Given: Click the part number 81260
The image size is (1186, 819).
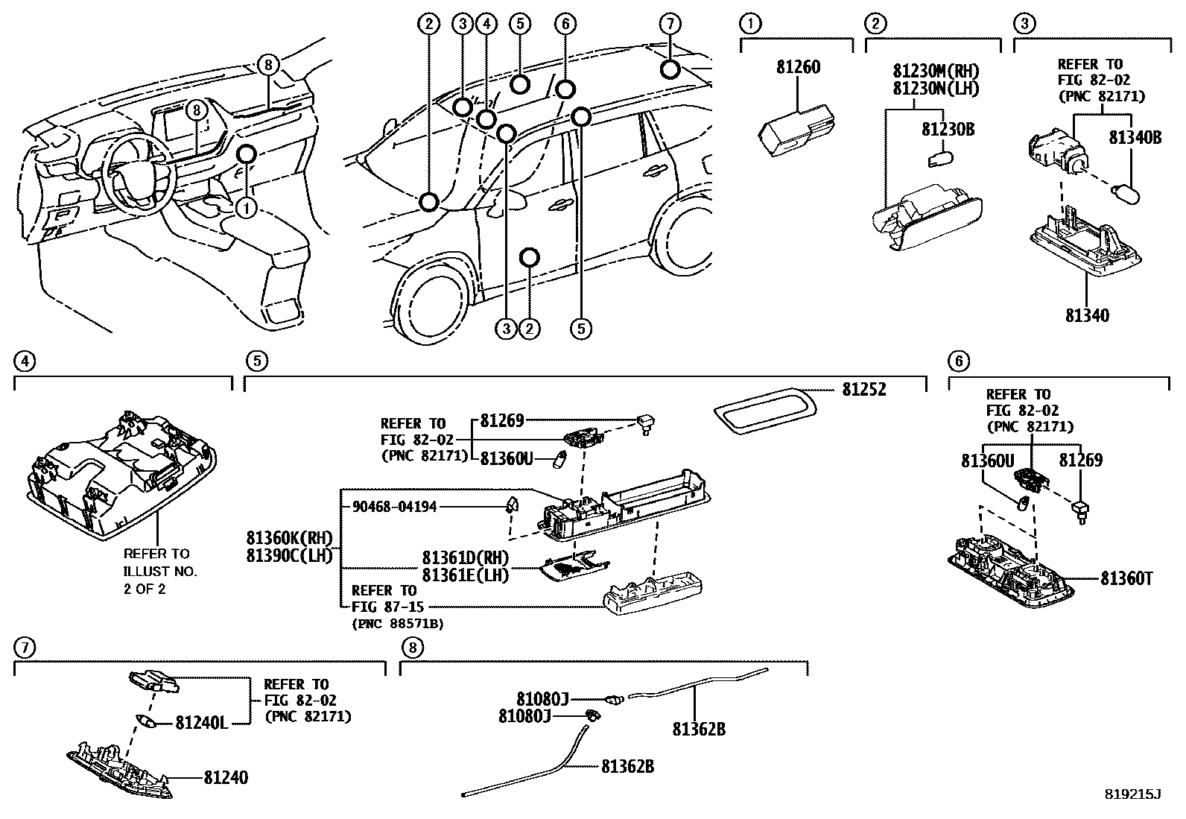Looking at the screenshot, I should coord(798,67).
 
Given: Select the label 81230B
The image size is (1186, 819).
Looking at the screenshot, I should coord(948,129).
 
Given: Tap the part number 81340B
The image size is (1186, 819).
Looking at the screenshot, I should coord(1135,137).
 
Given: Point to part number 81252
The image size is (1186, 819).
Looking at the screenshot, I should coord(864,390).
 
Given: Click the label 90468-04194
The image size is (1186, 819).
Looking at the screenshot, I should coord(394,507).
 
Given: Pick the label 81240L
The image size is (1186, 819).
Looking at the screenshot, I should coord(201,722).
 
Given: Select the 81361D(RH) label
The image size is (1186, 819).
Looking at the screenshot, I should coord(465,558).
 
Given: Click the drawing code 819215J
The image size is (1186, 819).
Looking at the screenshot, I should coord(1132,794).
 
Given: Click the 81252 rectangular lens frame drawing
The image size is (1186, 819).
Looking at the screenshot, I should coord(764,410).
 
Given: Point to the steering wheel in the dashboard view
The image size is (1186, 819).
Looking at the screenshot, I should coord(139,175).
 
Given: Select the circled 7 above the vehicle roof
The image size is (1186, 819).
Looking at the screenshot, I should coord(670,24).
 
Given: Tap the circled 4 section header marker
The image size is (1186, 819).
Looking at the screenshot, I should coord(25,361).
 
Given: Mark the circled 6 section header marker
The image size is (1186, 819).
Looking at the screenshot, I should coord(958,361).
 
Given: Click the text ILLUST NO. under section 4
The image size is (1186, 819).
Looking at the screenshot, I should coord(160,572).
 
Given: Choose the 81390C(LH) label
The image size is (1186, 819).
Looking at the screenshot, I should coord(289,555).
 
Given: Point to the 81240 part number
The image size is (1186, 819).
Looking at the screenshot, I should coord(226,778).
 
